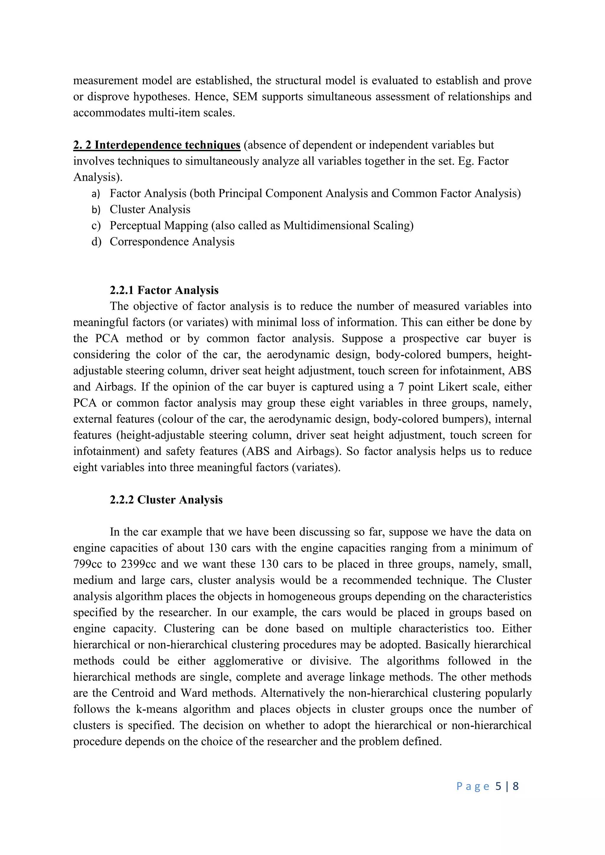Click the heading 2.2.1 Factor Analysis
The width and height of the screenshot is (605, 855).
[164, 290]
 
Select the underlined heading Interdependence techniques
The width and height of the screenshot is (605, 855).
[157, 145]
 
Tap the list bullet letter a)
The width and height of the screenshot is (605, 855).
[96, 194]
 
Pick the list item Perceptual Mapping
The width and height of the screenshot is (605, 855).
[159, 226]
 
